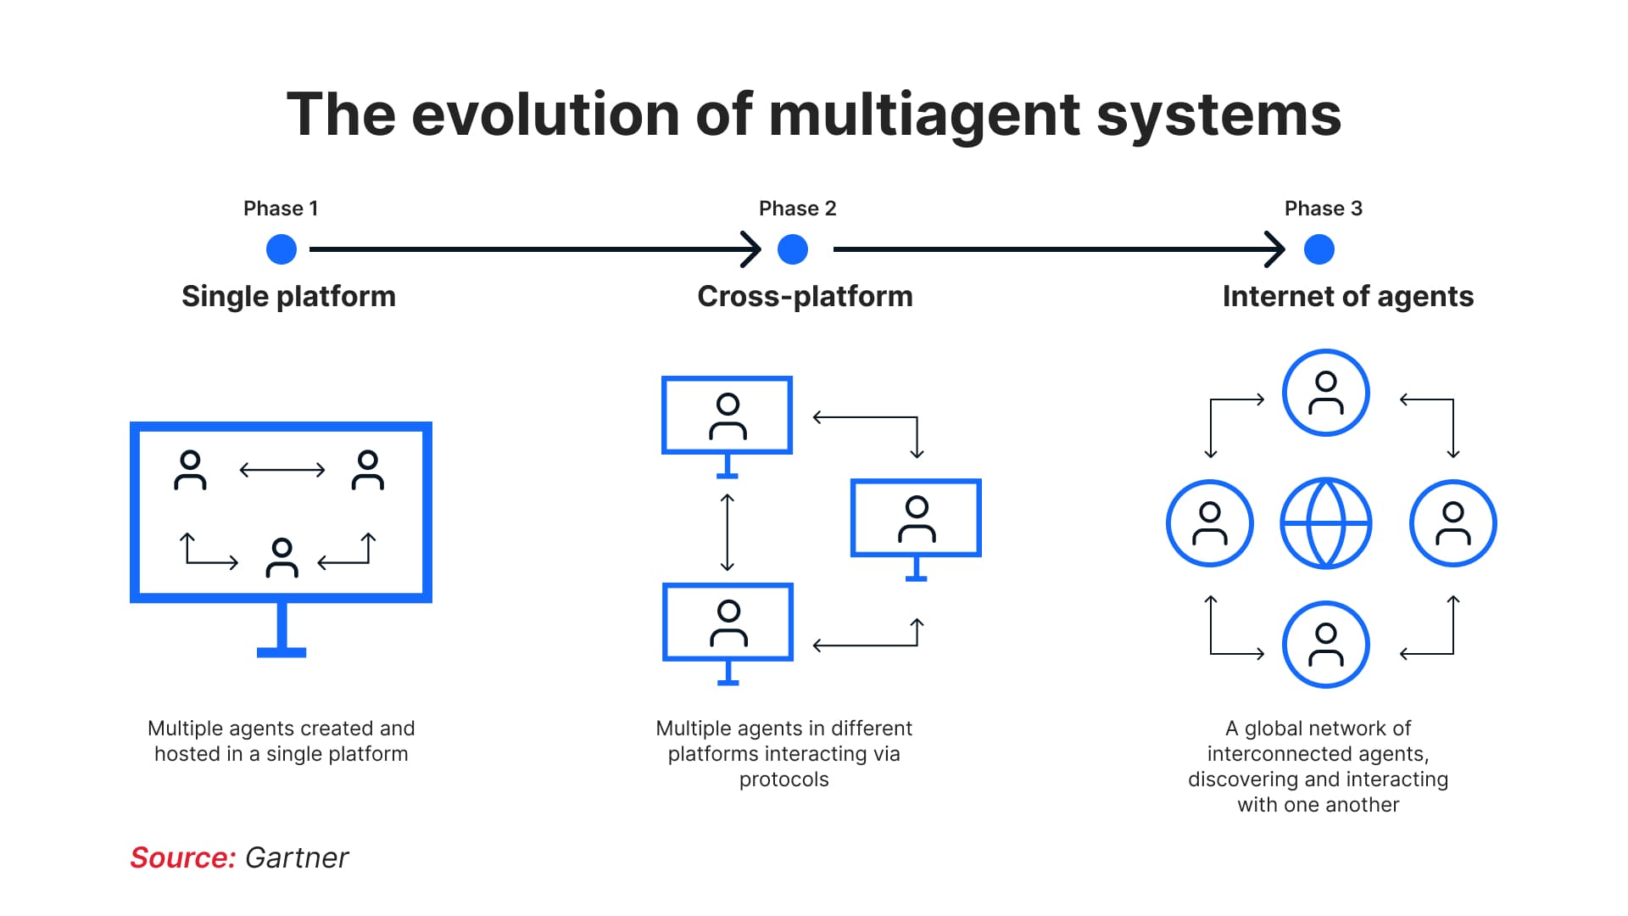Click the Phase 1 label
(280, 209)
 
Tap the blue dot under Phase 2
(792, 249)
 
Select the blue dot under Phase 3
(1319, 249)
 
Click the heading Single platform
(288, 296)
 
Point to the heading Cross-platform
(805, 296)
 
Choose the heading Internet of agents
(1347, 296)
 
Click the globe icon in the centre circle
(1325, 523)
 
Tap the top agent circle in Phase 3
(1325, 393)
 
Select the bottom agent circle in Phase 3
(1325, 645)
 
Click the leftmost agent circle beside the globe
(1209, 523)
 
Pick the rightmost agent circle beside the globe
(1452, 523)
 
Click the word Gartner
(296, 857)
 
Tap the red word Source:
(182, 857)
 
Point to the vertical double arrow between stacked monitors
(727, 532)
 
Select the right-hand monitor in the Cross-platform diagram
(916, 519)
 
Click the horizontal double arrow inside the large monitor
(282, 470)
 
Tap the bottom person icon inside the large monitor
(282, 558)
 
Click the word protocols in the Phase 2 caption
(783, 779)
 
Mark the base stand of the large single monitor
(282, 651)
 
